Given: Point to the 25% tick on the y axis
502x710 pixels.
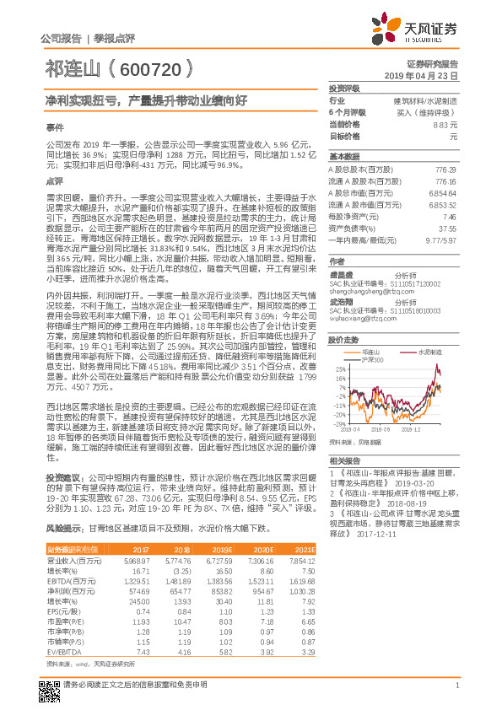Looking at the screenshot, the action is click(337, 368).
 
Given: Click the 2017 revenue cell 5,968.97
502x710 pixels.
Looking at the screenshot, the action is click(138, 560).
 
